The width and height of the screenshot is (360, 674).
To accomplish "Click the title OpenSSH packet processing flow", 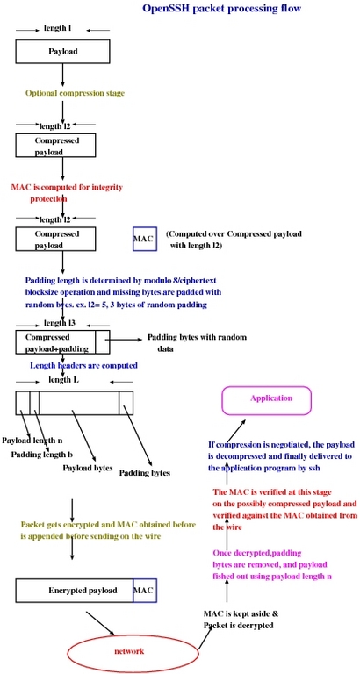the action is (221, 8).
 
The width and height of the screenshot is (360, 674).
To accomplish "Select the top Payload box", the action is (63, 52).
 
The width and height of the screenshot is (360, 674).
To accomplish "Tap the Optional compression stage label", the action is (75, 93).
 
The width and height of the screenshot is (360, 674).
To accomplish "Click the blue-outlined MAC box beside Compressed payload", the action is (145, 239).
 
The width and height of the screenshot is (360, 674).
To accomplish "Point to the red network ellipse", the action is (133, 651).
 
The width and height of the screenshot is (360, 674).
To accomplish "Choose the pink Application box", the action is (266, 400).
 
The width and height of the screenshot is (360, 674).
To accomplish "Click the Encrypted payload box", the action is (75, 591).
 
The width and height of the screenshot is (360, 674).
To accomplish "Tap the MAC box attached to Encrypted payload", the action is (145, 591).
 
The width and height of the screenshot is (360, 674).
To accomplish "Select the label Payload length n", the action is (32, 441).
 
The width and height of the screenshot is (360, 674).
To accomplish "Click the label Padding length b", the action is (42, 455).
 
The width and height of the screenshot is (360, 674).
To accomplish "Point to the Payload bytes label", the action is (88, 467).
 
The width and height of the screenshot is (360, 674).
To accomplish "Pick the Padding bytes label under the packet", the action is (145, 473).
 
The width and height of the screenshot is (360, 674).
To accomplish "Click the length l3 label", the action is (61, 323).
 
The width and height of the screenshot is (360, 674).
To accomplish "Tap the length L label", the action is (63, 379).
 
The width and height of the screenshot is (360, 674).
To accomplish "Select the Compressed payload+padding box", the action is (63, 342).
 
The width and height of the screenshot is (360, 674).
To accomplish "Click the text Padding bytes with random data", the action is (197, 343).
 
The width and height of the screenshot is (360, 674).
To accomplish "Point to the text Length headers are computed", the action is (83, 365).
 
